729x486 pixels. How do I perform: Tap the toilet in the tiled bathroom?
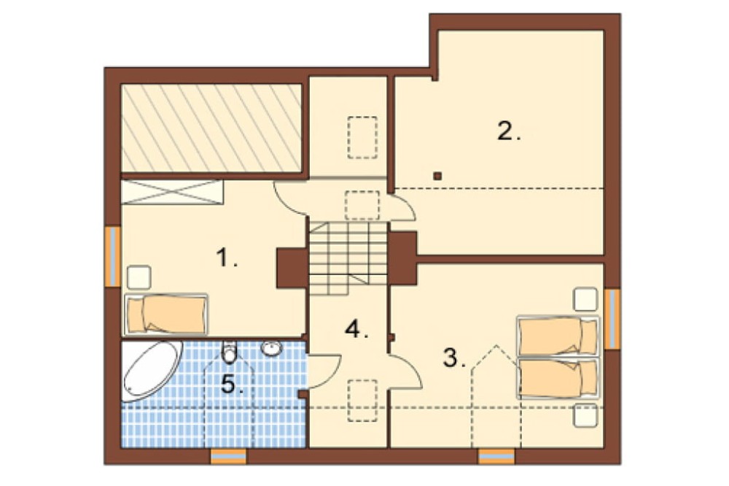click(x=230, y=352)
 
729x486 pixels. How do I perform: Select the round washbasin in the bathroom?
click(x=271, y=348)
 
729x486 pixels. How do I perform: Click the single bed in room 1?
click(x=165, y=314)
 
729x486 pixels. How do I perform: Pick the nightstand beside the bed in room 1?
click(x=139, y=277)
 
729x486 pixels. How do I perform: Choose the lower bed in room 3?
click(x=558, y=377)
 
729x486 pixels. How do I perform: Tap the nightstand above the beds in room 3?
click(x=586, y=299)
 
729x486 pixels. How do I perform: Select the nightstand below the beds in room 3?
click(x=585, y=415)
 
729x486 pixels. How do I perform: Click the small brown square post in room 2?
click(x=437, y=176)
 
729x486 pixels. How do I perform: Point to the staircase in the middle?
click(x=348, y=258)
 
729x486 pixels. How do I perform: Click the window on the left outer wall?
click(x=112, y=256)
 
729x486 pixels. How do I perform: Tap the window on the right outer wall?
click(x=613, y=319)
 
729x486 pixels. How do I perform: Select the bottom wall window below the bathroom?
click(x=228, y=457)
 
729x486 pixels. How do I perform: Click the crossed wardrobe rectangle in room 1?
click(x=172, y=192)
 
